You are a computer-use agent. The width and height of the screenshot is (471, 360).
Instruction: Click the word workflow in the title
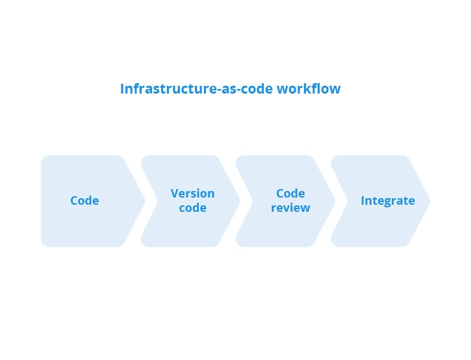[x=309, y=88]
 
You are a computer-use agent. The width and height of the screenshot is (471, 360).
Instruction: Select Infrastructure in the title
[x=168, y=88]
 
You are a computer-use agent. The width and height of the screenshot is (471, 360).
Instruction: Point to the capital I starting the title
[x=122, y=88]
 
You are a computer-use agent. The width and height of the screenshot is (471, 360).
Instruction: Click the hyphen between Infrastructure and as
[x=218, y=90]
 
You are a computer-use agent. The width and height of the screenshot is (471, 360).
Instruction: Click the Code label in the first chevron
[x=84, y=200]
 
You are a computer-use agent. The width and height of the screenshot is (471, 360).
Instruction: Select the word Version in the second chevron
[x=192, y=193]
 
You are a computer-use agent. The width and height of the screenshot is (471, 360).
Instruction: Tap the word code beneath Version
[x=192, y=208]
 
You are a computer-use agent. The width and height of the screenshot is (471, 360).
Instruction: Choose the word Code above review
[x=290, y=193]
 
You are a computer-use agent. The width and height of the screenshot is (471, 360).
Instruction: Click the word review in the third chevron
[x=290, y=208]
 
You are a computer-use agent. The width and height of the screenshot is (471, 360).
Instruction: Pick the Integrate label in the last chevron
[x=388, y=201]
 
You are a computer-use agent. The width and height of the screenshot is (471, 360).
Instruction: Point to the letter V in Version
[x=175, y=193]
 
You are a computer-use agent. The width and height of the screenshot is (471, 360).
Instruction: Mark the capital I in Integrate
[x=363, y=200]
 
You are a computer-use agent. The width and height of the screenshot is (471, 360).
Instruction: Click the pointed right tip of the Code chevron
[x=145, y=201]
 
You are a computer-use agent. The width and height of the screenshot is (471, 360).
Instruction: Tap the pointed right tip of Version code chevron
[x=240, y=201]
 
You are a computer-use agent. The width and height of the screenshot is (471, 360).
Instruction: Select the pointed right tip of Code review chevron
[x=335, y=201]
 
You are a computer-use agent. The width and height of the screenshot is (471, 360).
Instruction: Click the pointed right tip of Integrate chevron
[x=429, y=201]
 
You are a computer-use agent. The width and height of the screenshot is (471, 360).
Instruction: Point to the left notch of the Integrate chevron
[x=348, y=201]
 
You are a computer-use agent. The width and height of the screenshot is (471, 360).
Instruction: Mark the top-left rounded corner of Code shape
[x=43, y=157]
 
